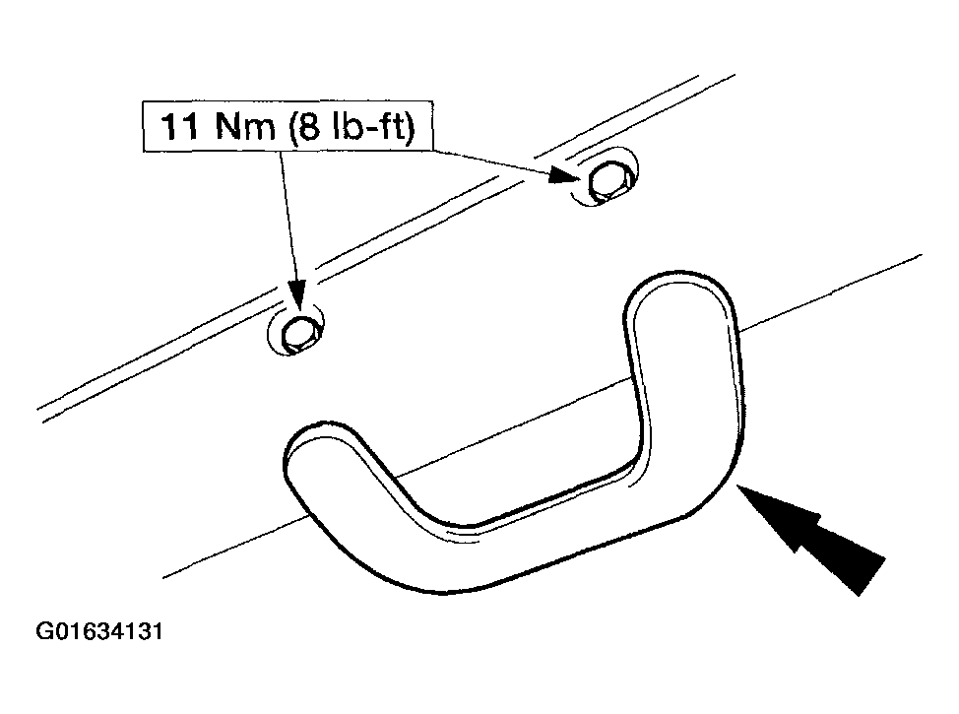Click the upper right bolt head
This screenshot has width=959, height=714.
[x=607, y=180]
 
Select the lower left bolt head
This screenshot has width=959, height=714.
[x=298, y=334]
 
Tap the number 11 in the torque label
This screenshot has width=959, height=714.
[x=178, y=127]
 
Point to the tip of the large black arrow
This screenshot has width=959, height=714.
[x=737, y=485]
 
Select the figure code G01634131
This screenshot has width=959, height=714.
[x=99, y=631]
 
